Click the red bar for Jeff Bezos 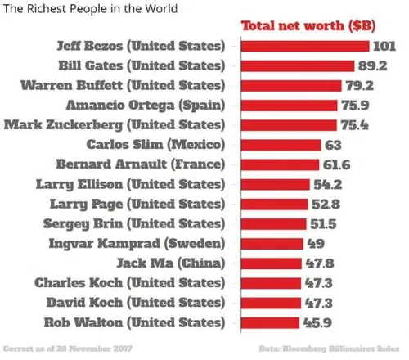pos(305,45)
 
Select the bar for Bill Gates pos(297,65)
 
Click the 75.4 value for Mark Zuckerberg pos(354,124)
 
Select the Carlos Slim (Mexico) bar pos(278,144)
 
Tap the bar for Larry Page pos(271,204)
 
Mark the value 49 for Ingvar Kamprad pos(316,243)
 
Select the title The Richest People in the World pos(89,8)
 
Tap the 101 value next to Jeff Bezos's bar pos(384,45)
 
